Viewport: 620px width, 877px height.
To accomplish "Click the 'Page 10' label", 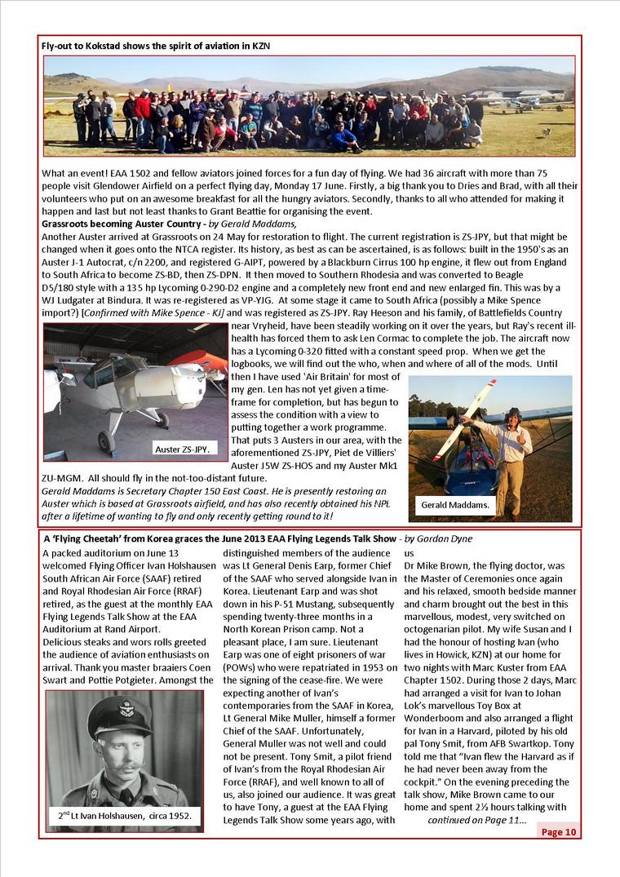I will pos(559,831).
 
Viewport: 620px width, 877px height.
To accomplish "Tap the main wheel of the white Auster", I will pos(107,441).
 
